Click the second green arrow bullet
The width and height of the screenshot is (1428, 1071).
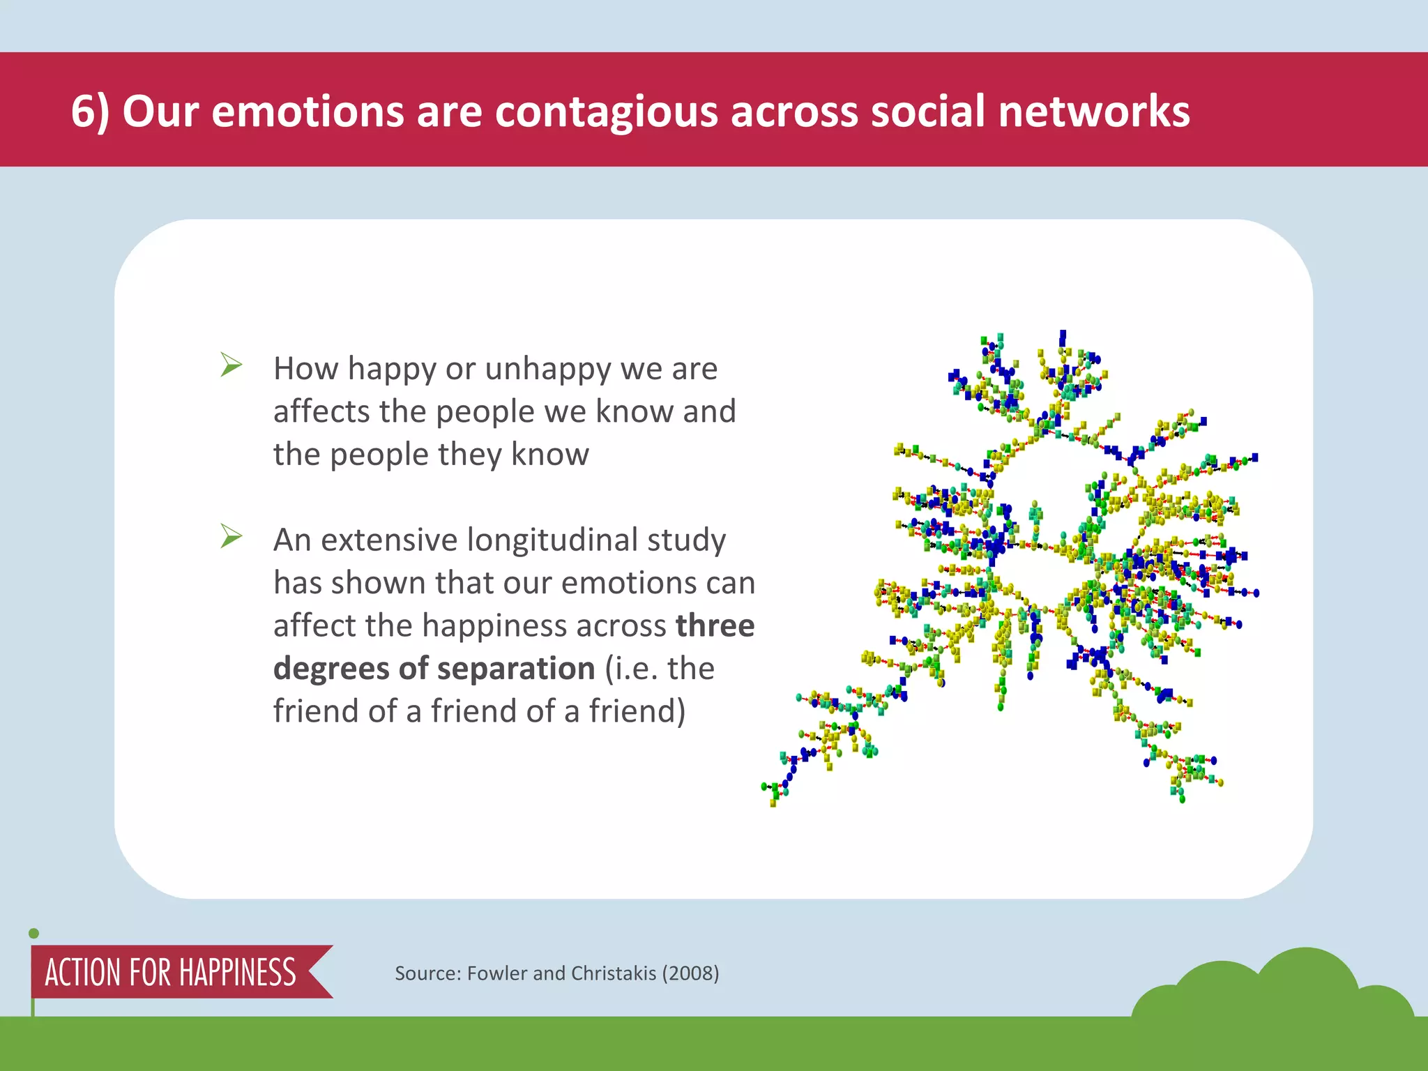coord(231,535)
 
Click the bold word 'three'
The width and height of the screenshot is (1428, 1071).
coord(715,625)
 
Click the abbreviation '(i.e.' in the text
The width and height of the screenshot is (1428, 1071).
coord(630,669)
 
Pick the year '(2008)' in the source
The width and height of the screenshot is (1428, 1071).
coord(690,973)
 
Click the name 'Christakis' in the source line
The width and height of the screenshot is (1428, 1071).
coord(613,973)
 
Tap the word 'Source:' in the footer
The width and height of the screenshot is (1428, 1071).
coord(427,973)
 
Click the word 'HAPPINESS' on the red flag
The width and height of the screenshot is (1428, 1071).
coord(238,973)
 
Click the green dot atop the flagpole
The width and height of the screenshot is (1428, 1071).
coord(33,934)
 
